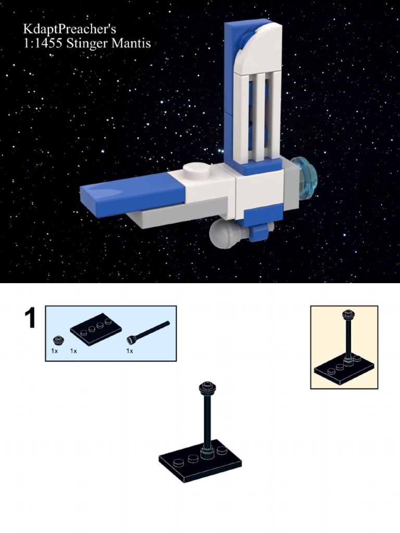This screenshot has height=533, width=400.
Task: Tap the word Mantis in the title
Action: point(132,43)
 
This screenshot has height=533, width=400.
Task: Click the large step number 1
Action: point(30,319)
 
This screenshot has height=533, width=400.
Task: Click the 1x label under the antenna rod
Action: point(130,351)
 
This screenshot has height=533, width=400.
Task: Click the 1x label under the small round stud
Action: point(55,351)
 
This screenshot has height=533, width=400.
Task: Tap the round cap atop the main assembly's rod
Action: point(207,387)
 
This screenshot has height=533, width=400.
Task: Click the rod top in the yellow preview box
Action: point(347,314)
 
